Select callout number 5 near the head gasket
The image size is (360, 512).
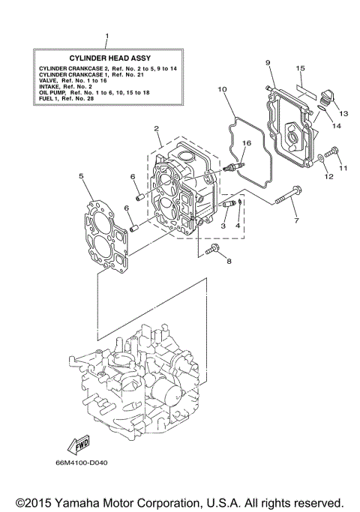tap(81, 176)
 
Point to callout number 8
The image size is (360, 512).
tap(229, 261)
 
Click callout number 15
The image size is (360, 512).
tap(299, 69)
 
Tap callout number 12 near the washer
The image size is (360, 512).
tap(328, 177)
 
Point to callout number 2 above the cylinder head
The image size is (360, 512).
tap(157, 128)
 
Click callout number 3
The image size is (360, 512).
tap(223, 224)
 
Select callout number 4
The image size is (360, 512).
tap(238, 224)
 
